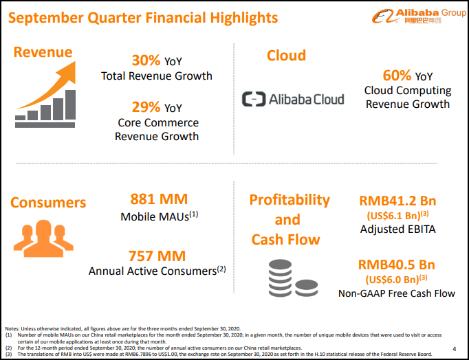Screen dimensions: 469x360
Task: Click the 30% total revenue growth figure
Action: tap(146, 60)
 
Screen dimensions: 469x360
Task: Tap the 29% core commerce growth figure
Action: tap(146, 107)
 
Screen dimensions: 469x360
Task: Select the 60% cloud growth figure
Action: tap(397, 76)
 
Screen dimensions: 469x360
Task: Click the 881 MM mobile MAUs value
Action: tap(159, 199)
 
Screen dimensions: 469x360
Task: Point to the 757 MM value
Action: tap(157, 256)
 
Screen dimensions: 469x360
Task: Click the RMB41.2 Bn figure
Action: tap(397, 201)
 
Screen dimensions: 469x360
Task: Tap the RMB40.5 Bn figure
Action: tap(397, 265)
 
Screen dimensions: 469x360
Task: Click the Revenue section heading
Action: tap(43, 52)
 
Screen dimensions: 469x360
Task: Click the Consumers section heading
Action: tap(48, 203)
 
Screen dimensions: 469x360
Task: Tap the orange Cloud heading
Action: tap(286, 56)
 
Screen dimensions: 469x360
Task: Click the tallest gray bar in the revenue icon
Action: tap(70, 105)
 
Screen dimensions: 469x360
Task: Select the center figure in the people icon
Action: tap(44, 238)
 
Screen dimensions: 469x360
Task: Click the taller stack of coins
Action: tap(280, 278)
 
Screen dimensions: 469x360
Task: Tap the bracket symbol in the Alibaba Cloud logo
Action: tap(254, 99)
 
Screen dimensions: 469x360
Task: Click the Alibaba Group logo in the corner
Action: tap(419, 16)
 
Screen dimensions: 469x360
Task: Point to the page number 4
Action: tap(455, 348)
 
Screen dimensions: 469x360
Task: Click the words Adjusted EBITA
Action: tap(397, 229)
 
